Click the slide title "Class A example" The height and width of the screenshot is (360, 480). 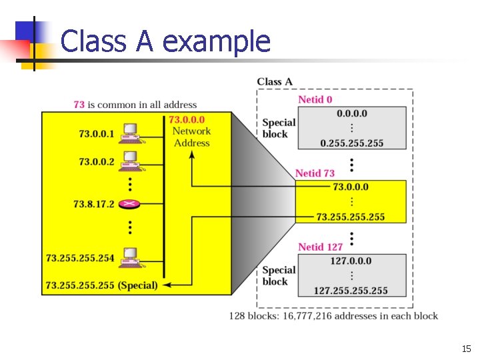click(x=165, y=41)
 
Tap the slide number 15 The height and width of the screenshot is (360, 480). click(x=465, y=349)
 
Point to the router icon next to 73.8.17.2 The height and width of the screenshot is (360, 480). click(x=129, y=205)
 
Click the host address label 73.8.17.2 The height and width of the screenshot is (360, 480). click(x=94, y=204)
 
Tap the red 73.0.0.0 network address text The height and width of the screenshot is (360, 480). click(x=187, y=120)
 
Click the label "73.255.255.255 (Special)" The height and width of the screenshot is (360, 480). click(x=101, y=285)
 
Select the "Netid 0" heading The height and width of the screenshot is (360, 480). click(x=315, y=100)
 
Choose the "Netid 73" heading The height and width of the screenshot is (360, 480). click(x=315, y=173)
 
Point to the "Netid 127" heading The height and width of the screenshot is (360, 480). click(x=320, y=247)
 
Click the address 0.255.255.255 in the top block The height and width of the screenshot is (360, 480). click(x=351, y=143)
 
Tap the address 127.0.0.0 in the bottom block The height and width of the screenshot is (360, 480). click(x=351, y=261)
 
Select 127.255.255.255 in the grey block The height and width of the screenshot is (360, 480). click(x=351, y=291)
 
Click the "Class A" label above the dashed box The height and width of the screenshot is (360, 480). click(x=275, y=82)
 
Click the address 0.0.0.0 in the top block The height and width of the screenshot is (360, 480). click(x=351, y=113)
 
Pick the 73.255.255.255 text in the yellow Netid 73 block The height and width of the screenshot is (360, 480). click(x=350, y=217)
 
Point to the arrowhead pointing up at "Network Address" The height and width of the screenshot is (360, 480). click(x=192, y=155)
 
